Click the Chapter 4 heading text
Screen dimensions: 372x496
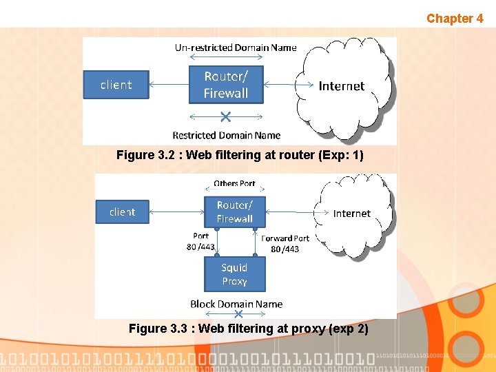pos(455,19)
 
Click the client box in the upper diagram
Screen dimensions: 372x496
pos(116,85)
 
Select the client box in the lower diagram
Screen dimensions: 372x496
pos(122,211)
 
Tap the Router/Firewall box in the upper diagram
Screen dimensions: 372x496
pos(226,85)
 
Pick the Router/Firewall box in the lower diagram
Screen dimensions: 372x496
pos(234,211)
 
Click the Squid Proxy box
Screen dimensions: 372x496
pos(234,274)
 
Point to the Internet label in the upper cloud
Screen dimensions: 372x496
pos(341,86)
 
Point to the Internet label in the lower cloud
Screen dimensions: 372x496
pos(351,214)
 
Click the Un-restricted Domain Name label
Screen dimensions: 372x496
pos(236,48)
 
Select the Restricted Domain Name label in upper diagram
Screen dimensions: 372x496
pos(226,135)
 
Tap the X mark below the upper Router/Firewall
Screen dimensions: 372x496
pos(225,115)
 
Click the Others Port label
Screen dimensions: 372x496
pos(234,183)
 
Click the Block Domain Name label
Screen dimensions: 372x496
pos(236,304)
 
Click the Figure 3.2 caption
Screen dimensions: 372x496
pos(240,155)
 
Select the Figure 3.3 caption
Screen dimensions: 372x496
pos(248,329)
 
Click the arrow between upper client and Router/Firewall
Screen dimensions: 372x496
pos(169,85)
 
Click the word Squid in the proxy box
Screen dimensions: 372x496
pos(234,267)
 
